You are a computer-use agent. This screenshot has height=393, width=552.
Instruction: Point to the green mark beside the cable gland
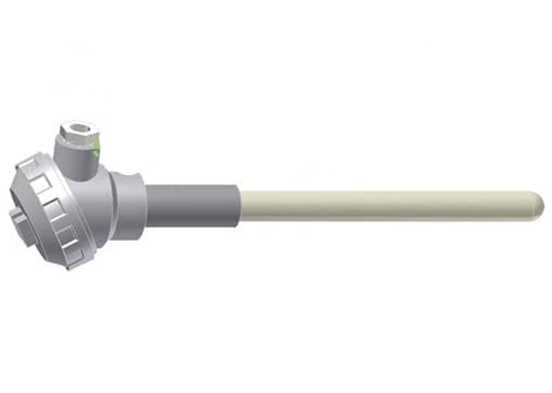(97, 148)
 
